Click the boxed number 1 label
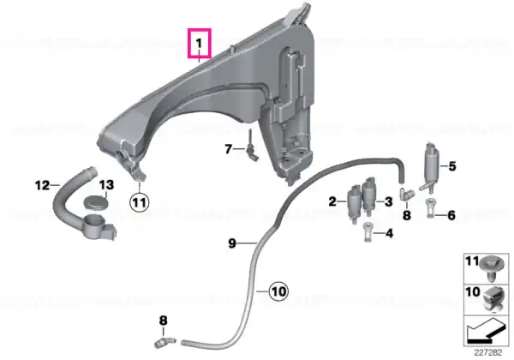click(x=200, y=43)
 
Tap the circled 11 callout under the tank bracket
click(x=140, y=202)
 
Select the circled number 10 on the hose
click(x=278, y=291)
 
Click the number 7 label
click(x=229, y=149)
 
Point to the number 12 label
click(x=42, y=186)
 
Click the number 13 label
click(x=106, y=184)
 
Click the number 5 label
click(x=452, y=166)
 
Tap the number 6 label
click(x=451, y=215)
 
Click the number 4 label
click(x=389, y=233)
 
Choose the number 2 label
click(x=332, y=201)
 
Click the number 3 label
click(x=388, y=201)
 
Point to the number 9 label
click(x=232, y=243)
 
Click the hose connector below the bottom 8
click(x=164, y=342)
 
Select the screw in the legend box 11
click(x=490, y=267)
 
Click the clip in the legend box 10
click(x=493, y=298)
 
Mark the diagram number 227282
click(x=488, y=353)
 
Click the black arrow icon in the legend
click(x=485, y=332)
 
